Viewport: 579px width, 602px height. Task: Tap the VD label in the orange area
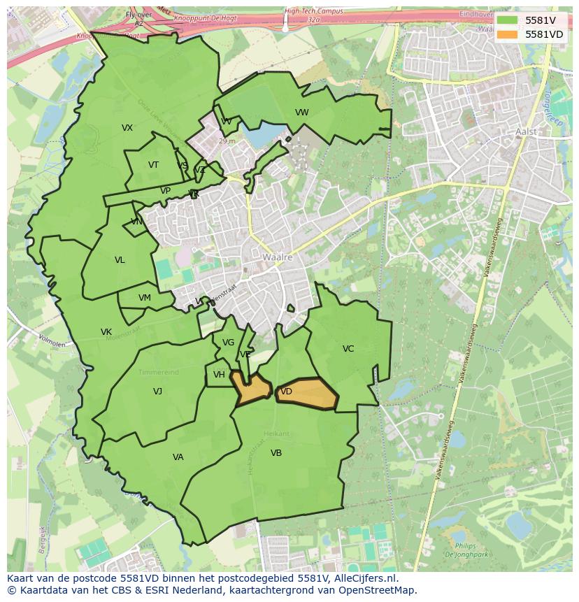pos(286,392)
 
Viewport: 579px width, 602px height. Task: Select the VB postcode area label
pos(276,453)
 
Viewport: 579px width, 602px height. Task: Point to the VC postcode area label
pos(348,349)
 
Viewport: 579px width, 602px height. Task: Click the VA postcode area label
pos(178,457)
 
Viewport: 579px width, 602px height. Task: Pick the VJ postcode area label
pos(158,392)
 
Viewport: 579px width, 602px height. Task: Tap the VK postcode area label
pos(106,332)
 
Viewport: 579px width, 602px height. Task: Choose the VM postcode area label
pos(145,298)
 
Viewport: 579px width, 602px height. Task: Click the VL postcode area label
pos(120,260)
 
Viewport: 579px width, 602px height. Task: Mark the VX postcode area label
pos(127,128)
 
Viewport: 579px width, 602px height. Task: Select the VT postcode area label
pos(154,165)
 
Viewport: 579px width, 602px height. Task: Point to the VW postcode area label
pos(302,113)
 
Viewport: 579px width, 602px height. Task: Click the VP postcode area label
pos(166,191)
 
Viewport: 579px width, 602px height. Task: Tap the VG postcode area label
pos(228,343)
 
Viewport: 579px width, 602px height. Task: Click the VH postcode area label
pos(220,375)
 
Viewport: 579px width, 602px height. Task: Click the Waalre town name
pos(278,257)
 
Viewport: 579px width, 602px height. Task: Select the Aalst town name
pos(526,131)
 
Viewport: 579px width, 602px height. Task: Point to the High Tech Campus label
pos(314,11)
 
